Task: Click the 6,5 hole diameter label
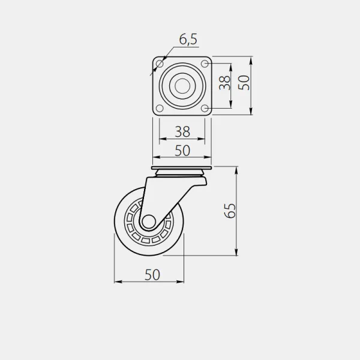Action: coord(188,39)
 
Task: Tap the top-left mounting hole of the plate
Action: coord(160,64)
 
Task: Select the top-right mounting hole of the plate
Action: coord(205,64)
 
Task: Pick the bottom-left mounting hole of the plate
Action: coord(160,108)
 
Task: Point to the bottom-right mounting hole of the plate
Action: coord(205,108)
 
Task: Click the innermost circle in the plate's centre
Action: coord(182,86)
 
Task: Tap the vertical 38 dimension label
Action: coord(224,82)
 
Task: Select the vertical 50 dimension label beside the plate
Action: coord(244,82)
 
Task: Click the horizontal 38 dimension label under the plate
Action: coord(182,131)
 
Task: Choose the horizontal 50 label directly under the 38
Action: coord(182,151)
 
